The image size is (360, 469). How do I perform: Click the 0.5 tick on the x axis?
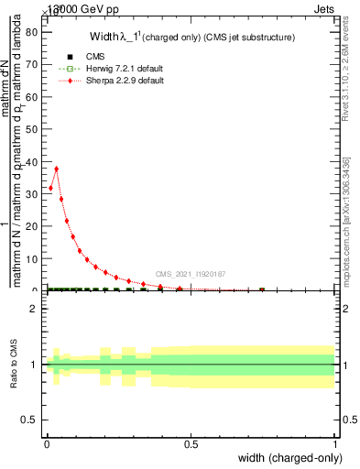pyautogui.click(x=191, y=446)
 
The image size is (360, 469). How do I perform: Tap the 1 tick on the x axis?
pyautogui.click(x=335, y=446)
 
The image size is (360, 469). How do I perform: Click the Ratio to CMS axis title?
pyautogui.click(x=14, y=365)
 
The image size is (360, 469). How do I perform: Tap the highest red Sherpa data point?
pyautogui.click(x=57, y=169)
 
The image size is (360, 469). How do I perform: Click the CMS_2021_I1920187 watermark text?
pyautogui.click(x=190, y=274)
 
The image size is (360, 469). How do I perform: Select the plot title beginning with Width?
pyautogui.click(x=191, y=38)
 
